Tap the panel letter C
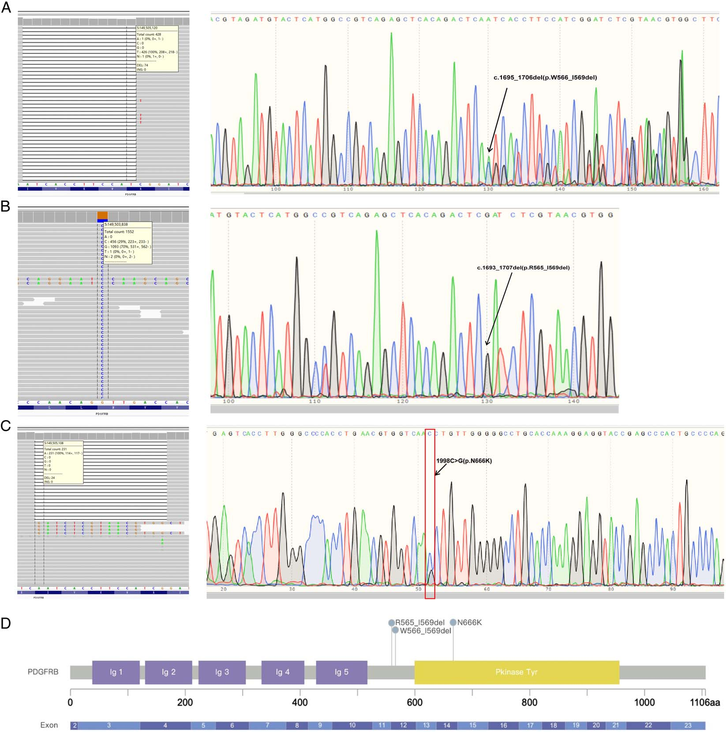pyautogui.click(x=6, y=426)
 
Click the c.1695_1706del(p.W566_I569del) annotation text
pyautogui.click(x=545, y=78)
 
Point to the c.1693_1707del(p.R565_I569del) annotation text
pyautogui.click(x=523, y=268)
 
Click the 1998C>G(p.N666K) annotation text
pyautogui.click(x=464, y=461)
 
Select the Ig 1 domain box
pyautogui.click(x=116, y=672)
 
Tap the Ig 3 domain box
pyautogui.click(x=222, y=672)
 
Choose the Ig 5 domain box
pyautogui.click(x=341, y=672)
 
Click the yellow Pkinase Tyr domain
pyautogui.click(x=516, y=672)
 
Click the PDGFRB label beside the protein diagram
pyautogui.click(x=43, y=672)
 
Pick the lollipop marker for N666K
pyautogui.click(x=453, y=622)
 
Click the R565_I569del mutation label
pyautogui.click(x=419, y=623)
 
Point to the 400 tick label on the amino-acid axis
pyautogui.click(x=300, y=702)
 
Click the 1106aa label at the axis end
pyautogui.click(x=704, y=702)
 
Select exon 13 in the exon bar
pyautogui.click(x=426, y=725)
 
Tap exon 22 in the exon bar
pyautogui.click(x=648, y=725)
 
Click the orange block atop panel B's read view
pyautogui.click(x=102, y=215)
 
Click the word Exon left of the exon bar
pyautogui.click(x=49, y=725)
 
